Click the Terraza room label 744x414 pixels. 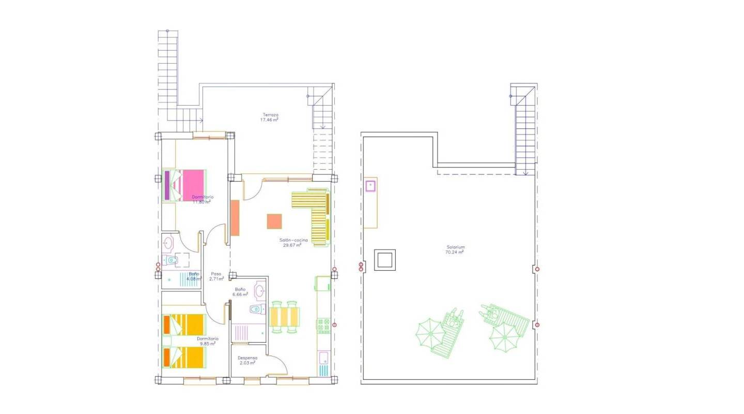coord(270,117)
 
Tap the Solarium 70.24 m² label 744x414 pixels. coord(455,250)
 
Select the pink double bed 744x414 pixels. coord(185,185)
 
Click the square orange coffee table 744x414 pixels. coord(274,221)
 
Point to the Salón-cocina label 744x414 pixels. coord(292,243)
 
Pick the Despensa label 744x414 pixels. coord(247,360)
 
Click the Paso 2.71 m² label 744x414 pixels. coord(216,276)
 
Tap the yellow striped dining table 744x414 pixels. coord(284,317)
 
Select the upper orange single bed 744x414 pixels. coord(184,324)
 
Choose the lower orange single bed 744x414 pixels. coord(184,357)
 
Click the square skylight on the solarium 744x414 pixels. coord(385,259)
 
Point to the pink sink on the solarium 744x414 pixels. coord(370,186)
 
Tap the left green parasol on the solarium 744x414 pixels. coord(429,334)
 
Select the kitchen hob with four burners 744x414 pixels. coord(323,326)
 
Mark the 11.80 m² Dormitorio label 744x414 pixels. coord(202,199)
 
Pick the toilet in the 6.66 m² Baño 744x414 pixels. coord(256,309)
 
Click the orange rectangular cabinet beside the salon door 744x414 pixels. coord(235,218)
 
